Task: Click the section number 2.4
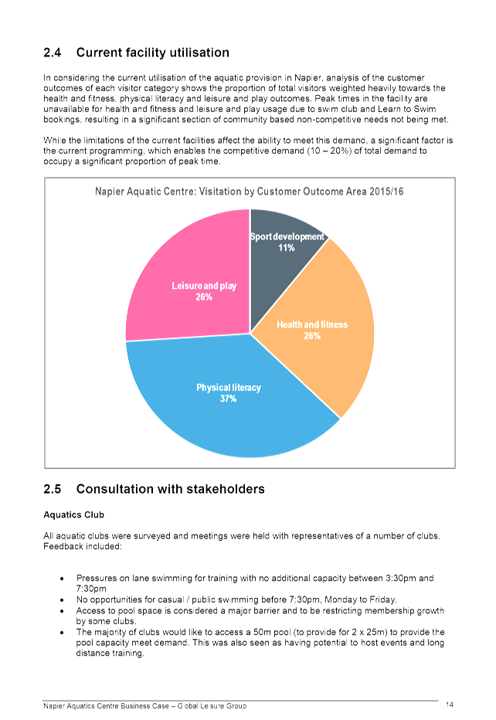pyautogui.click(x=53, y=53)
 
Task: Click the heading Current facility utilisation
pyautogui.click(x=152, y=53)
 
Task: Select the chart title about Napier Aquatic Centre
pyautogui.click(x=250, y=192)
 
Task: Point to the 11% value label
pyautogui.click(x=286, y=248)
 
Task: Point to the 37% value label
pyautogui.click(x=228, y=399)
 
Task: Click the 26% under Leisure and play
pyautogui.click(x=204, y=297)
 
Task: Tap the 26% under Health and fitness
pyautogui.click(x=312, y=336)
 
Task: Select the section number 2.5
pyautogui.click(x=53, y=489)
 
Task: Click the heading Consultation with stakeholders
pyautogui.click(x=171, y=489)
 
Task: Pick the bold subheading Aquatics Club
pyautogui.click(x=74, y=515)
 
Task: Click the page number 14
pyautogui.click(x=450, y=705)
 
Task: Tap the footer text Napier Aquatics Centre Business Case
pyautogui.click(x=106, y=706)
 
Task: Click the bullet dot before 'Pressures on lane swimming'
pyautogui.click(x=62, y=579)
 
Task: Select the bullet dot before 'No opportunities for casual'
pyautogui.click(x=62, y=599)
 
